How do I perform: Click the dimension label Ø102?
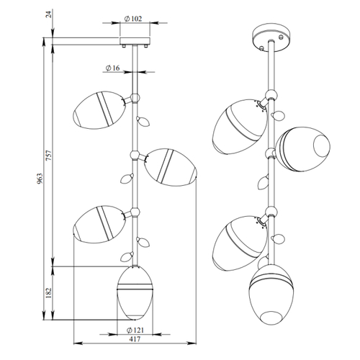point(133,19)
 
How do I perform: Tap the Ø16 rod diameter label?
point(112,68)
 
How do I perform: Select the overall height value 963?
point(40,179)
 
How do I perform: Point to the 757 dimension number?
point(49,156)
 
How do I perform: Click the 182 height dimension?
point(49,293)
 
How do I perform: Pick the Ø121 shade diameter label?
point(135,330)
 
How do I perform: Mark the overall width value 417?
point(135,339)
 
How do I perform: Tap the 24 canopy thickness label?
point(49,14)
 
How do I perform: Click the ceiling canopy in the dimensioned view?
point(135,41)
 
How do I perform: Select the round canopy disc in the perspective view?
point(271,37)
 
